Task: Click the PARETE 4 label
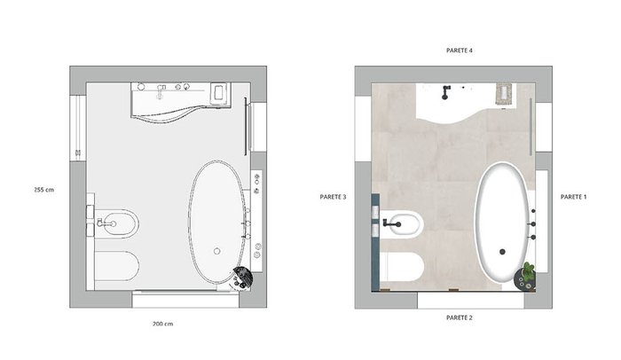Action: tap(459, 51)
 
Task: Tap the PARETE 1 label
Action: tap(573, 197)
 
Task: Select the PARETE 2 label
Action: tap(459, 317)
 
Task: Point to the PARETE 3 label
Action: tap(333, 197)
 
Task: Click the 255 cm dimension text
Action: tap(44, 190)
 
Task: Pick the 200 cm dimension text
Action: tap(162, 324)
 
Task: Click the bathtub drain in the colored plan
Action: tap(502, 252)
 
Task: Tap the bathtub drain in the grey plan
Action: tap(216, 251)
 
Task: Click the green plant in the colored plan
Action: tap(529, 269)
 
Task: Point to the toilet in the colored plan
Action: tap(401, 267)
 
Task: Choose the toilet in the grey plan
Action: tap(116, 266)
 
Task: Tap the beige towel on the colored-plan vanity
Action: tap(504, 94)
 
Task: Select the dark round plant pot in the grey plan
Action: tap(242, 278)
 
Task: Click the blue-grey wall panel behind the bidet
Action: tap(375, 242)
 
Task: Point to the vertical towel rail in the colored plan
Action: tap(531, 127)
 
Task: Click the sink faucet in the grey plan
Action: tap(161, 91)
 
